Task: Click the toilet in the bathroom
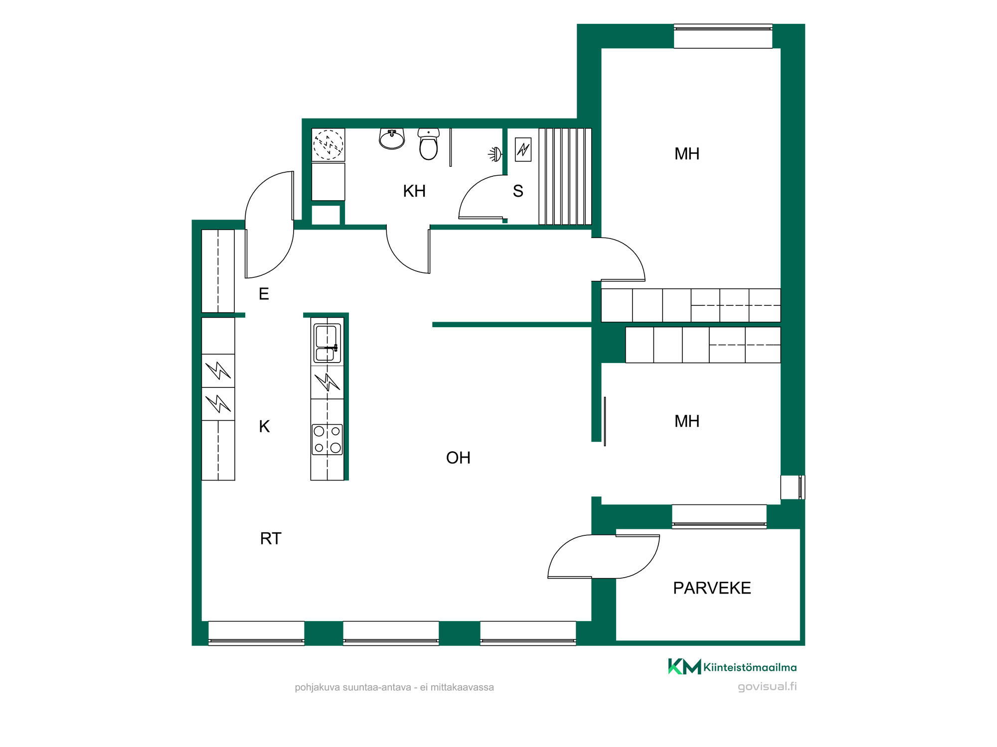[428, 144]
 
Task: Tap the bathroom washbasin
[392, 139]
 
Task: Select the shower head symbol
[495, 154]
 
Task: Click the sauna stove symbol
[523, 149]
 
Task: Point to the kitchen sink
[327, 343]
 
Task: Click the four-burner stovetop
[327, 439]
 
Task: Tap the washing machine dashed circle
[328, 144]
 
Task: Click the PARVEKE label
[712, 588]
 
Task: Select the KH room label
[414, 191]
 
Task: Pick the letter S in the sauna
[518, 191]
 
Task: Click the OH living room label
[458, 458]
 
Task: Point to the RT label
[271, 538]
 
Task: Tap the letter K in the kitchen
[264, 426]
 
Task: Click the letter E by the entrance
[264, 294]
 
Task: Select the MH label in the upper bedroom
[687, 154]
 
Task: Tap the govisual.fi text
[767, 686]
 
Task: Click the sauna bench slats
[565, 176]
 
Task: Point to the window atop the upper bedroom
[723, 36]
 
